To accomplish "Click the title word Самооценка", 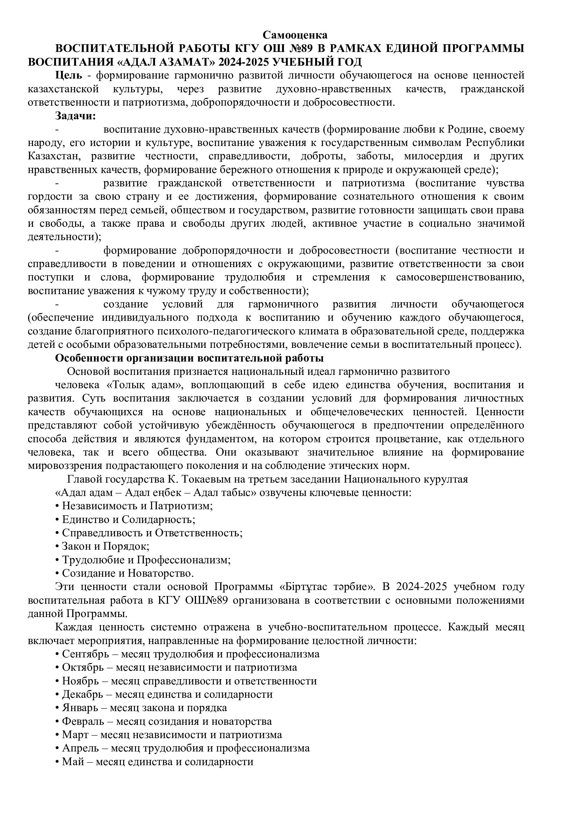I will [x=295, y=35].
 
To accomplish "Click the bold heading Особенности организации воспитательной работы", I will [x=189, y=358].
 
